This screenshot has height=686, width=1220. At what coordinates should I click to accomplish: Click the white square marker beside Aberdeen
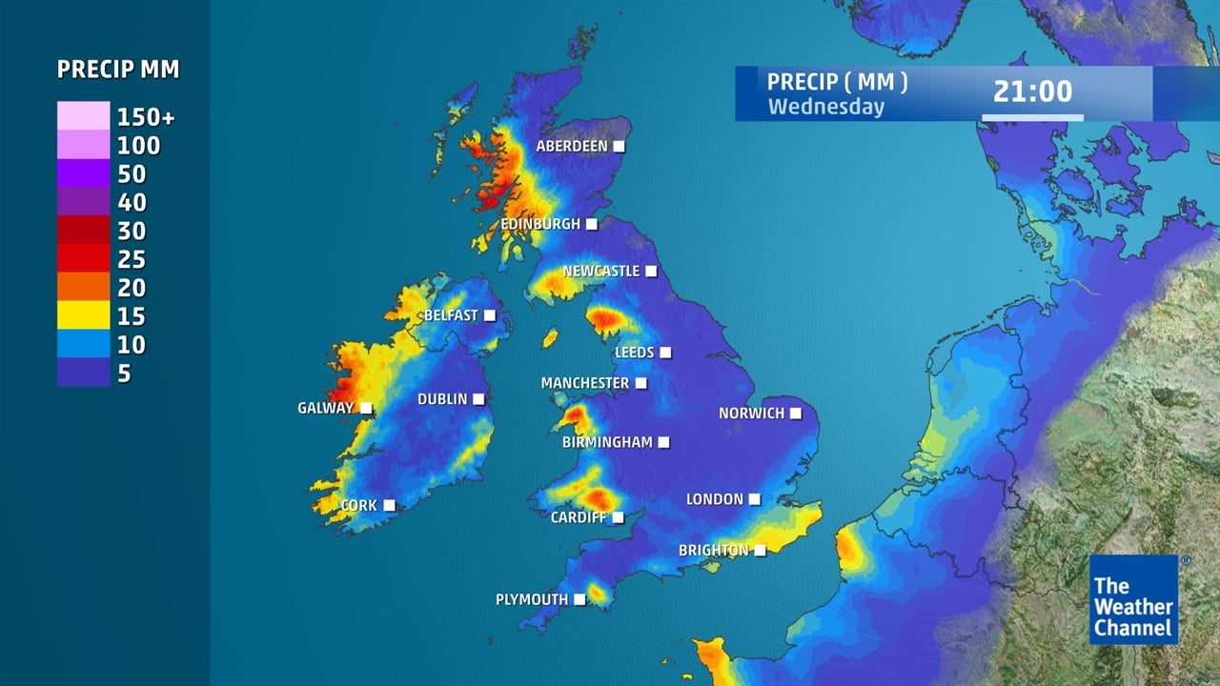click(619, 147)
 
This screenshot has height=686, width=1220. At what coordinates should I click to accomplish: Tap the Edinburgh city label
click(540, 224)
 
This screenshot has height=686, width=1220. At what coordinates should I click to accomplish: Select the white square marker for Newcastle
click(651, 272)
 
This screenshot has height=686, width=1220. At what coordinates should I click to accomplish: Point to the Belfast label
click(451, 315)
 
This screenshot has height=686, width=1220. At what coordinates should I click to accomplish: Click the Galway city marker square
click(365, 409)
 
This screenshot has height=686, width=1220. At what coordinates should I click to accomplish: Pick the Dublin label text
click(442, 399)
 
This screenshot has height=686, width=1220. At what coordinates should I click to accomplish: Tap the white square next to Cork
click(389, 506)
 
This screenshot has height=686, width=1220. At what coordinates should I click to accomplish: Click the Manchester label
click(585, 383)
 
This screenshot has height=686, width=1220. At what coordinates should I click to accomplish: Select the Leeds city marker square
click(665, 353)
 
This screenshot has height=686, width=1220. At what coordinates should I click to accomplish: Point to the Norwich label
click(751, 414)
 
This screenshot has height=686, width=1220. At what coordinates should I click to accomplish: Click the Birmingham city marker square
click(663, 443)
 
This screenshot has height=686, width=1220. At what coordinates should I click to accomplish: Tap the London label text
click(715, 499)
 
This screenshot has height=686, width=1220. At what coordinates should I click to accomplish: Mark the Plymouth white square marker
click(579, 600)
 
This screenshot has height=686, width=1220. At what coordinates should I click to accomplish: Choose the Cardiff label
click(579, 518)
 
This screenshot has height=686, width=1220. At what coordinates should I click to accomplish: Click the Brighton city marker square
click(760, 551)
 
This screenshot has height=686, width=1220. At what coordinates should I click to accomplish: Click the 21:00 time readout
click(1032, 92)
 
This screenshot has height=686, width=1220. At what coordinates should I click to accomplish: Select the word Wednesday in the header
click(825, 107)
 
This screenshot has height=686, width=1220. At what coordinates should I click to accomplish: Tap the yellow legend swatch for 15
click(83, 316)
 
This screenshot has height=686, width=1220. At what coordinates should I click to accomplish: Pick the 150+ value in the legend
click(146, 118)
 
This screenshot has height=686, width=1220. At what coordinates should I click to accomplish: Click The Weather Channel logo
click(1133, 599)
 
